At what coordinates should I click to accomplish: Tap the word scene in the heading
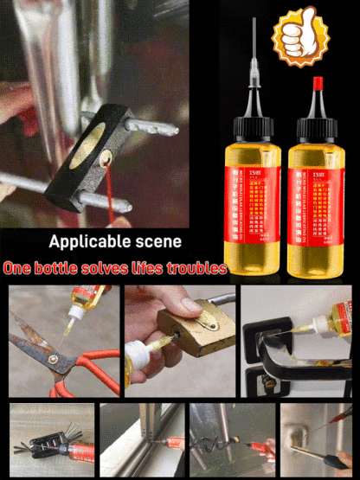(159, 241)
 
